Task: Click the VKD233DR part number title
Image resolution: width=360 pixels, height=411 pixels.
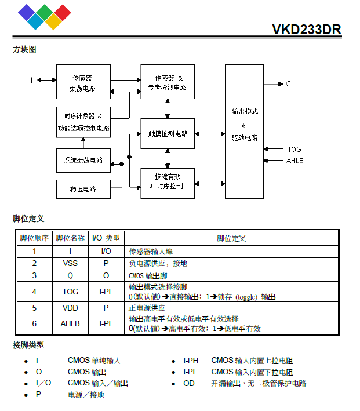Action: coord(306,30)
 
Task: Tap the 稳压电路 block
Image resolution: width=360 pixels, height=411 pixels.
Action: coord(83,189)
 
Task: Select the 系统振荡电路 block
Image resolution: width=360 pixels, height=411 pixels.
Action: coord(83,160)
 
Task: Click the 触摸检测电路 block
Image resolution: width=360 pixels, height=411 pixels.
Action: coord(168,134)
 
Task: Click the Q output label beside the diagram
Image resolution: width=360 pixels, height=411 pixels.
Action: coord(289,83)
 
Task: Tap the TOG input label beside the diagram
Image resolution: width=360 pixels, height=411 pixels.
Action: coord(294,149)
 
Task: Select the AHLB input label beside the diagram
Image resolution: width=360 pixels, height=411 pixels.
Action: coord(295,160)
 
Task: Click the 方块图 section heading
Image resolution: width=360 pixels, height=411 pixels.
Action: coord(24,50)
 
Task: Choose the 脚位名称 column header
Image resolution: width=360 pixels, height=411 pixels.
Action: coord(70,238)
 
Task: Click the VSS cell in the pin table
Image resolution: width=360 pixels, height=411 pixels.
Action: coord(70,263)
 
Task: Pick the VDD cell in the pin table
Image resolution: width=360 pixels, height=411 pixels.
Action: coord(70,308)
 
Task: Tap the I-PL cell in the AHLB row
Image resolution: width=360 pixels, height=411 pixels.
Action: coord(106,323)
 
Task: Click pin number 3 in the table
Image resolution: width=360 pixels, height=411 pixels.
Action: coord(34,275)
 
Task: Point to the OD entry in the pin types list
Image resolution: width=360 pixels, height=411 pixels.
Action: coord(189,383)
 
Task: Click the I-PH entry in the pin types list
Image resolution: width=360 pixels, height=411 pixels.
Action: coord(191,361)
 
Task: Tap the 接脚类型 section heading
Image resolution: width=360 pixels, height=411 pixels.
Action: coord(28,345)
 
